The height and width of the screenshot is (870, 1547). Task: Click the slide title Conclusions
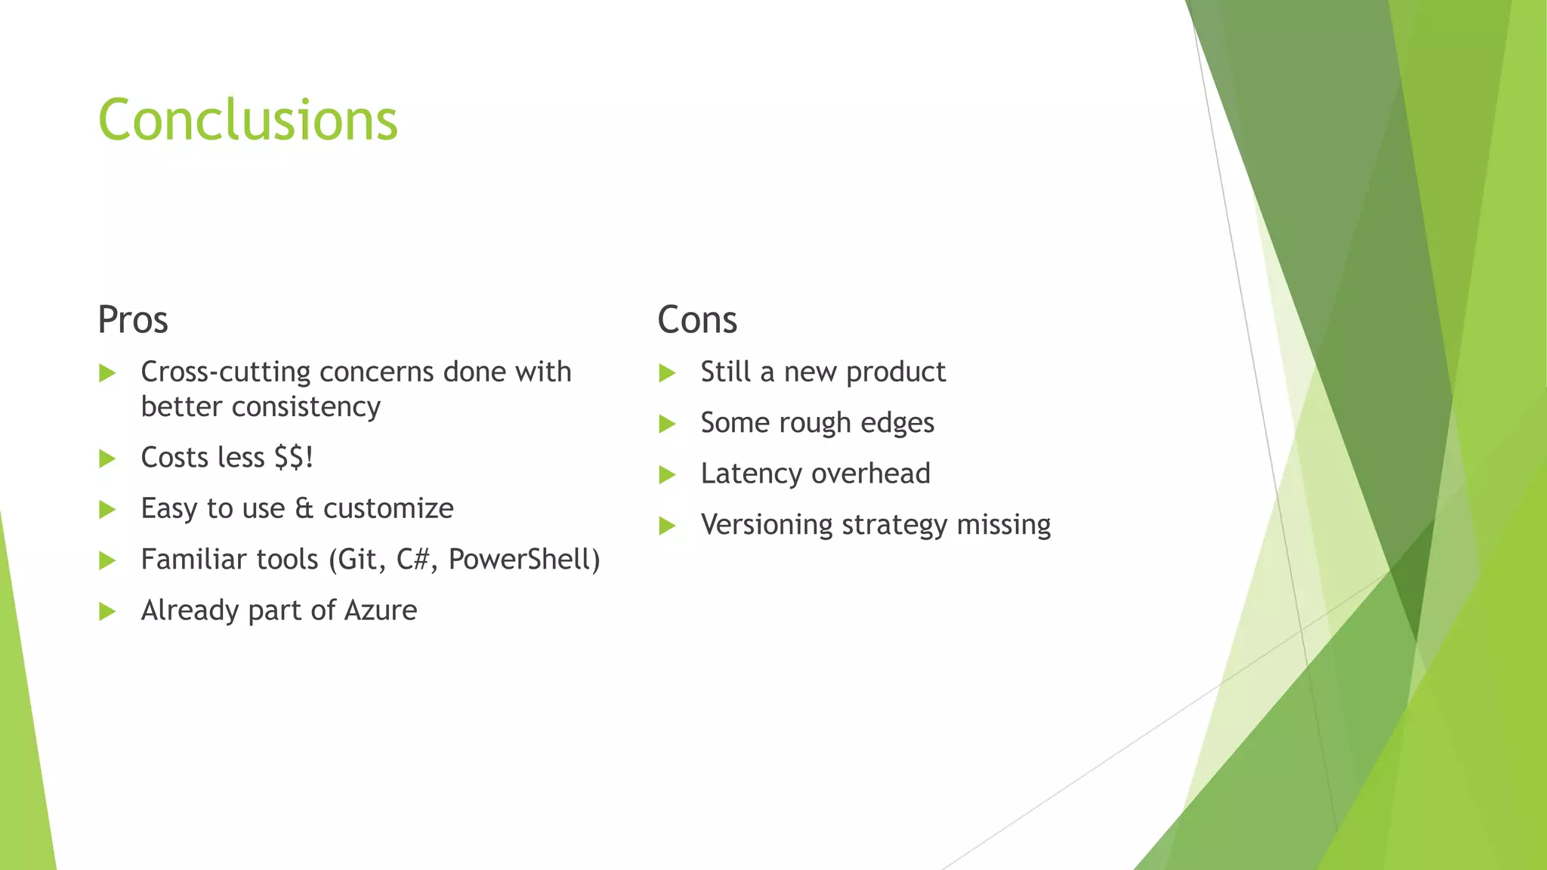click(x=248, y=120)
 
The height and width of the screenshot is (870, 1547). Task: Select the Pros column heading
click(x=133, y=319)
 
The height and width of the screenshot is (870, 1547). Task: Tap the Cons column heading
click(x=696, y=319)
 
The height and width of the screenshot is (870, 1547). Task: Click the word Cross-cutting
click(x=226, y=372)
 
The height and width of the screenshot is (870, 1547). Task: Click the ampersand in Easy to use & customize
click(x=304, y=509)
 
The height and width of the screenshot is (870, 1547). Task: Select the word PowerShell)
click(x=524, y=560)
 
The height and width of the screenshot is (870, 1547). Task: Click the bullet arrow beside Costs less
click(x=107, y=458)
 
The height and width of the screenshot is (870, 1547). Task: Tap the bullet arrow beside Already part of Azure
click(x=107, y=611)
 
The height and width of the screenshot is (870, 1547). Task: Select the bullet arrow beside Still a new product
click(x=667, y=373)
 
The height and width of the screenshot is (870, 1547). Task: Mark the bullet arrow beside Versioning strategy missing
click(x=667, y=526)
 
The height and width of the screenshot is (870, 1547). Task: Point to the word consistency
click(x=305, y=407)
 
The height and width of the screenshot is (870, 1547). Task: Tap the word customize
click(x=388, y=509)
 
